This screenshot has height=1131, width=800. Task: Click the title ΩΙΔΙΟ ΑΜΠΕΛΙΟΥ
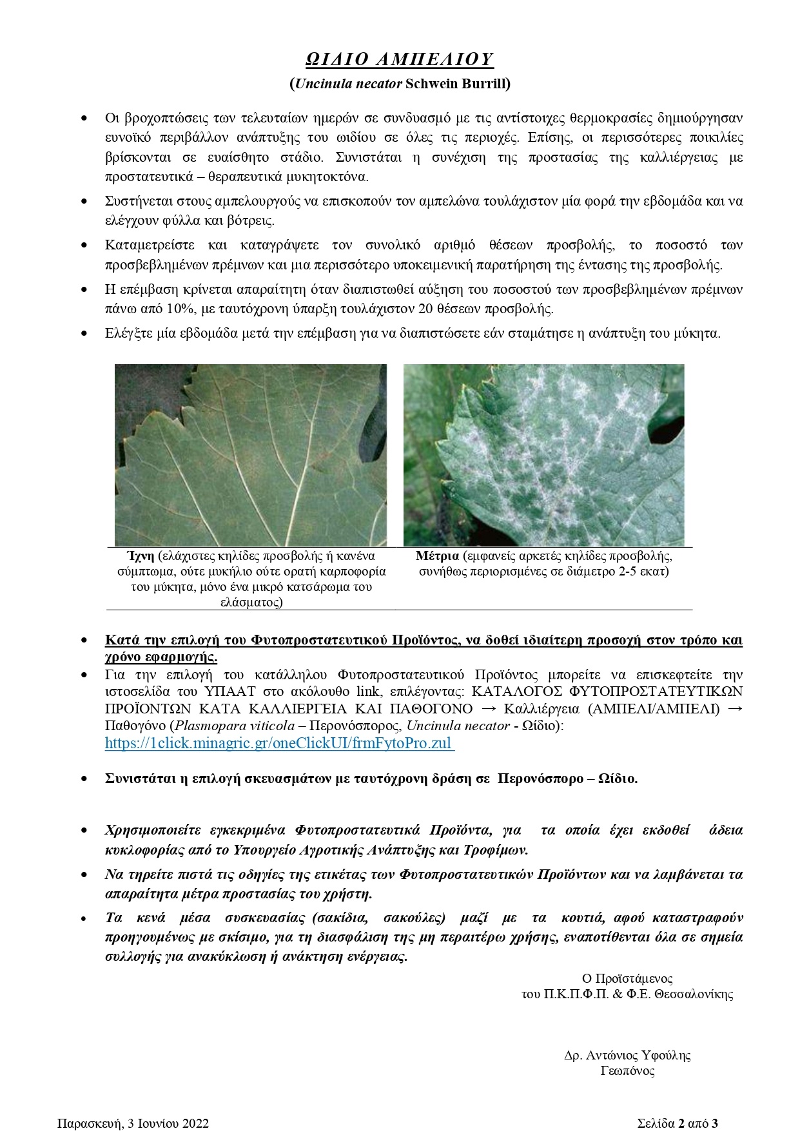tap(399, 59)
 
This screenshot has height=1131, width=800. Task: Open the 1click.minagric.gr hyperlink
tap(279, 743)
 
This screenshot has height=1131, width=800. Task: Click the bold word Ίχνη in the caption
tap(139, 556)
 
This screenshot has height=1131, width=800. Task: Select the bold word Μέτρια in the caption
tap(437, 556)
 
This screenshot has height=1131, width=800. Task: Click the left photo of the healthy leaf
tap(251, 455)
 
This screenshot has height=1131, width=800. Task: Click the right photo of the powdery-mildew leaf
tap(543, 455)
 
